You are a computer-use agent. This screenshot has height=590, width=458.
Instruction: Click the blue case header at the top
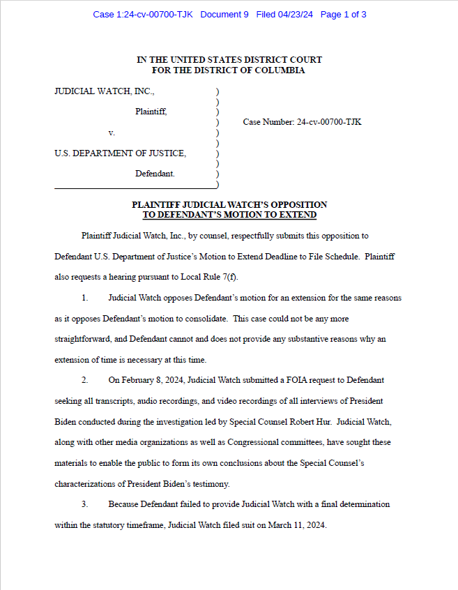coord(229,15)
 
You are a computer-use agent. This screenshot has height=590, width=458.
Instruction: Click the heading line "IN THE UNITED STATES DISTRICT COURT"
coord(229,60)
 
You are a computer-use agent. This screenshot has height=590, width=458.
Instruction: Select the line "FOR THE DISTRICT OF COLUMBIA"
coord(229,70)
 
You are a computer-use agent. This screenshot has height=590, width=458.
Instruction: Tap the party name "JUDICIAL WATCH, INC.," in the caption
coord(105,91)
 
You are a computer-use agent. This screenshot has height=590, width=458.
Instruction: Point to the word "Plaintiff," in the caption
coord(151,112)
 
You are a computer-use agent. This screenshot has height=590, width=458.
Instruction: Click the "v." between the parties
coord(112,132)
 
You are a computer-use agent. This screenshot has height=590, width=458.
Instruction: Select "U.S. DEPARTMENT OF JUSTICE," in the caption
coord(120,153)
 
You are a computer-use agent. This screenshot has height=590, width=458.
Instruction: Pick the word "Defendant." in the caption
coord(155,173)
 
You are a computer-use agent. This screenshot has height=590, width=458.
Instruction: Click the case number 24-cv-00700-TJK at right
coord(328,122)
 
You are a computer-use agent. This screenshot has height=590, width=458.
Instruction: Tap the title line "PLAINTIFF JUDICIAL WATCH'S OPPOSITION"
coord(229,205)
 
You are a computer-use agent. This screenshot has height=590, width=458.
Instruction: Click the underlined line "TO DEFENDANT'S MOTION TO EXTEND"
coord(229,215)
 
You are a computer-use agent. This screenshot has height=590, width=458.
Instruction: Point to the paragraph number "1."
coord(84,298)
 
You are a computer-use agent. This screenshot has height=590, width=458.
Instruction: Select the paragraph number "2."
coord(84,381)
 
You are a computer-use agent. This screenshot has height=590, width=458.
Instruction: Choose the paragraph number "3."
coord(84,504)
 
